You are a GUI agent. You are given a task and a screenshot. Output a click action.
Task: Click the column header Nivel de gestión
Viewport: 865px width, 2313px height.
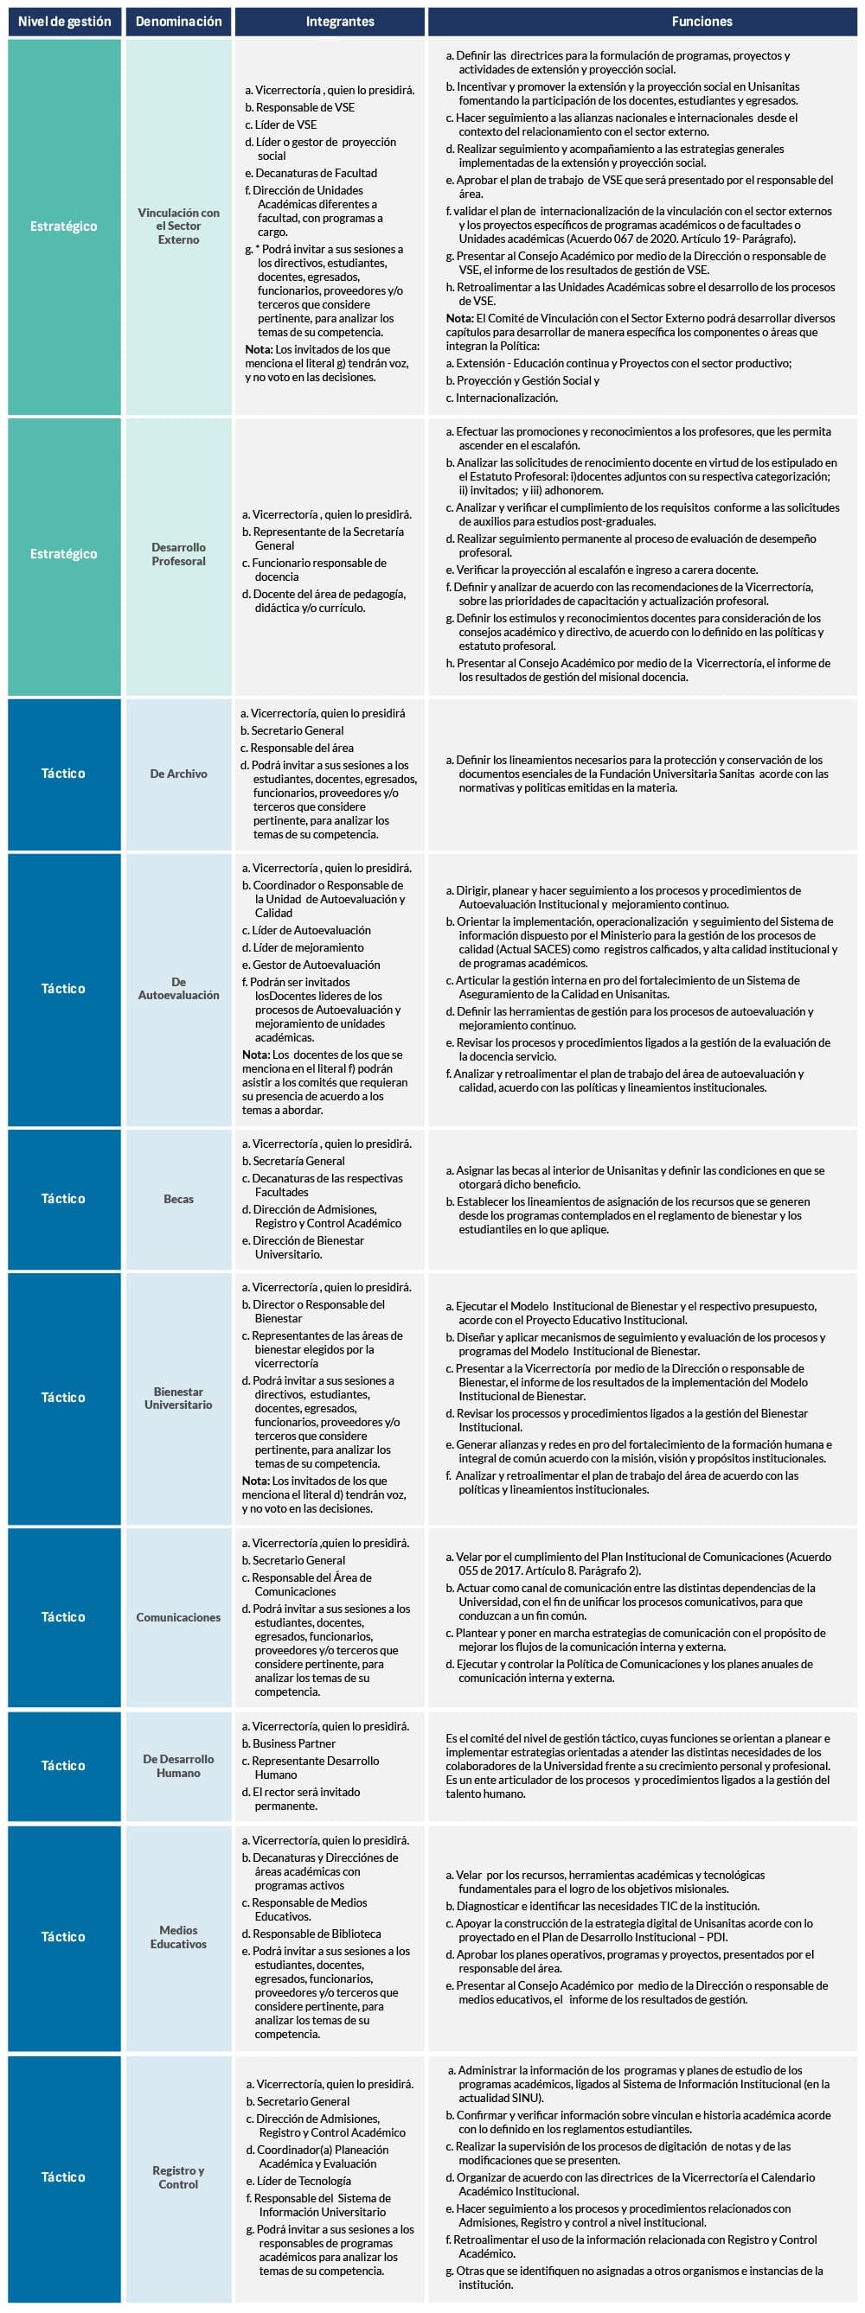65,22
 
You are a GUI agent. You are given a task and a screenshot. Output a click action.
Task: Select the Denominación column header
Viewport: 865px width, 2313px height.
179,22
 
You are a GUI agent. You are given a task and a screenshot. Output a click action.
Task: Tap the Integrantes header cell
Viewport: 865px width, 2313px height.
340,22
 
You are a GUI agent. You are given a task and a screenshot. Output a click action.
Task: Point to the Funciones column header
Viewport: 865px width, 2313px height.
702,22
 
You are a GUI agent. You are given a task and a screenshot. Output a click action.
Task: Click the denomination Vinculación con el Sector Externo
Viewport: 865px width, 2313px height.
179,226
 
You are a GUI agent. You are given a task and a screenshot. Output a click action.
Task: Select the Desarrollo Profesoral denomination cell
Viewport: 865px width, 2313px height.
179,554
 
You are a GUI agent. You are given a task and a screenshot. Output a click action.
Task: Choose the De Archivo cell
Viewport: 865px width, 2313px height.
179,773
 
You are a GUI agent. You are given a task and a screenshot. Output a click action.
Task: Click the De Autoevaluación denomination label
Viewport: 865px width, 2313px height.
179,989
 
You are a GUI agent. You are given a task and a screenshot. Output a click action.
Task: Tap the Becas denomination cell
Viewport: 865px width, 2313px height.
179,1199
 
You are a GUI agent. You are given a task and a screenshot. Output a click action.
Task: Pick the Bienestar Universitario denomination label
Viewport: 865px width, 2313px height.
179,1398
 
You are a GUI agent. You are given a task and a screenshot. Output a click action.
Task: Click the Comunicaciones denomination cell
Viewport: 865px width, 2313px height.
179,1617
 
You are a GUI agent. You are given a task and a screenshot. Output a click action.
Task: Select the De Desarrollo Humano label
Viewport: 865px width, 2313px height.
179,1766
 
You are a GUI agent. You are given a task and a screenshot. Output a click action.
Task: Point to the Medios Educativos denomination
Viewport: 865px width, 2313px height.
179,1937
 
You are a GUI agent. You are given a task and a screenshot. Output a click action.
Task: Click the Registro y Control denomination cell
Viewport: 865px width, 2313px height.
179,2177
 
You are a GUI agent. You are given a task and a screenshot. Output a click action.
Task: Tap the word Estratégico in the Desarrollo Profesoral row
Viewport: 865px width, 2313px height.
64,554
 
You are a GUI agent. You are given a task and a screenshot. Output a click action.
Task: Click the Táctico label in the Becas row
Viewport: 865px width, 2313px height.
64,1199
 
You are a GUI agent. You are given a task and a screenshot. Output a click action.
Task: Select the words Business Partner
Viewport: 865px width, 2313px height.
294,1743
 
